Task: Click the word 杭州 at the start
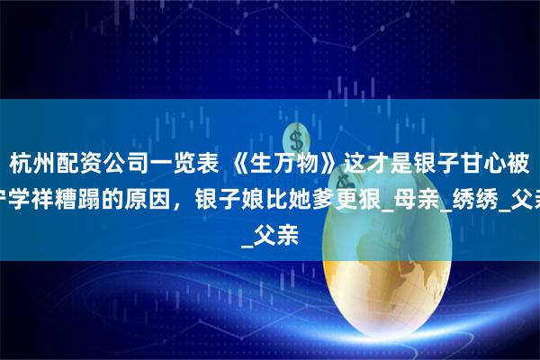[30, 162]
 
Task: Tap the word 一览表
[179, 162]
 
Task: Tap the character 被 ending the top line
[525, 162]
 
